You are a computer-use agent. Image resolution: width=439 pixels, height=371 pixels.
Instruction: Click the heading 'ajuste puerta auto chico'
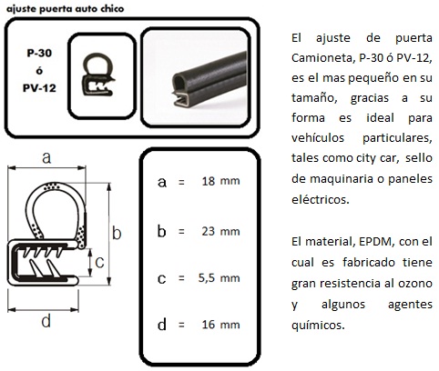(66, 9)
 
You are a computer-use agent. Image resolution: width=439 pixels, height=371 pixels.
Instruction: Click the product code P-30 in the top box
(39, 53)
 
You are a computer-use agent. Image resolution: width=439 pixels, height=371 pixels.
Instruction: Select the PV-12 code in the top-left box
(39, 88)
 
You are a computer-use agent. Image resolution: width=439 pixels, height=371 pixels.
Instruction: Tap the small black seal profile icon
(98, 75)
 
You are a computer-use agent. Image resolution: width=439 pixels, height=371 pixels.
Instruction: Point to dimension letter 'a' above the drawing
(46, 157)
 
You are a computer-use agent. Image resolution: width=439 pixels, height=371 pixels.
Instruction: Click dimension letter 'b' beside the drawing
(117, 233)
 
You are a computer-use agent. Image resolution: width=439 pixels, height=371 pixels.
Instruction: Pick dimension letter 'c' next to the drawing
(99, 263)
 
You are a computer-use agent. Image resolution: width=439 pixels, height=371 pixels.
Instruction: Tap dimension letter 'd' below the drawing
(46, 321)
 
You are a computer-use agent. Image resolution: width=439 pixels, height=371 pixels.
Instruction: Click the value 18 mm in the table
(220, 181)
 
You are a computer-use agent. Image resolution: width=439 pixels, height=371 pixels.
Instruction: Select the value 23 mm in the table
(220, 232)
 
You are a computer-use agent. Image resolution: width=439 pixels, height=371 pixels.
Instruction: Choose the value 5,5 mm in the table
(219, 278)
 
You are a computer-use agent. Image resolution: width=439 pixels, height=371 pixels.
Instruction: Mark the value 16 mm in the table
(220, 325)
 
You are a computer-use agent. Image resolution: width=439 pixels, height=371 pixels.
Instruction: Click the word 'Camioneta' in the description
(322, 57)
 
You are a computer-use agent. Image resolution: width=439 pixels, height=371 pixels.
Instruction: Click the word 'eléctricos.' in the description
(321, 199)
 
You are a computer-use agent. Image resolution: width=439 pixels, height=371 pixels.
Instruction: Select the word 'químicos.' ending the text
(318, 326)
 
